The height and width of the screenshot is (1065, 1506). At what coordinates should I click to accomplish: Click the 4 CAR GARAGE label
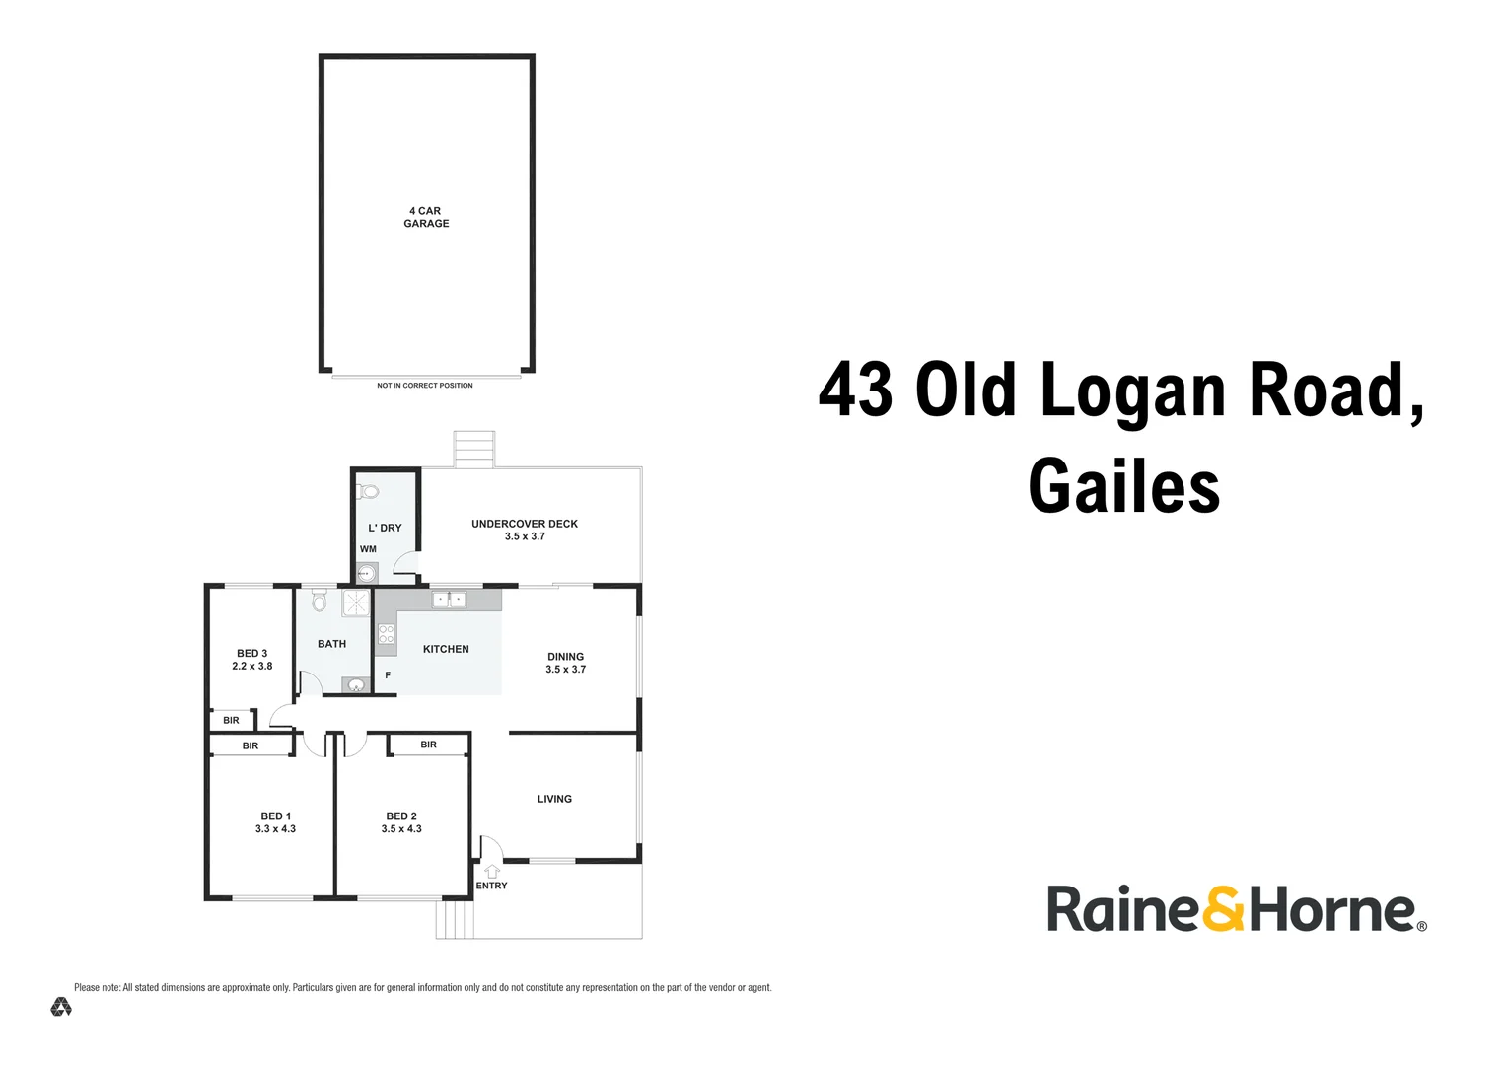pyautogui.click(x=426, y=217)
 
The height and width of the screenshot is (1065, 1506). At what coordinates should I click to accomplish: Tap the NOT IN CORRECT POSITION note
pyautogui.click(x=424, y=386)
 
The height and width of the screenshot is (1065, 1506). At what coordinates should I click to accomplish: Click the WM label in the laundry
pyautogui.click(x=368, y=549)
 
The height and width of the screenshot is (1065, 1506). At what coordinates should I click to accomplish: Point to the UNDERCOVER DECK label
pyautogui.click(x=524, y=524)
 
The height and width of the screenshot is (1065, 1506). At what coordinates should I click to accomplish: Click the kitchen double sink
pyautogui.click(x=449, y=599)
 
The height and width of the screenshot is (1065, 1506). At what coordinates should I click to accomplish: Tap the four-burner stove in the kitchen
pyautogui.click(x=386, y=634)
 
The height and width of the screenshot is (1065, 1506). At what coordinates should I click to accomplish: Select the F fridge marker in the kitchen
pyautogui.click(x=388, y=675)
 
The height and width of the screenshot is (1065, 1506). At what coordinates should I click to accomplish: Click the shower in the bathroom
pyautogui.click(x=355, y=603)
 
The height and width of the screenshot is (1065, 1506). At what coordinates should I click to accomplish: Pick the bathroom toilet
pyautogui.click(x=319, y=600)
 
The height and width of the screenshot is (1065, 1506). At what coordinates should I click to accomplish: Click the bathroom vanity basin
pyautogui.click(x=356, y=685)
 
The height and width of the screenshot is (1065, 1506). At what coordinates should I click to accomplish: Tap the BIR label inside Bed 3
pyautogui.click(x=231, y=721)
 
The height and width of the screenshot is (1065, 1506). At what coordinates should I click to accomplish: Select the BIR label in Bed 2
pyautogui.click(x=428, y=745)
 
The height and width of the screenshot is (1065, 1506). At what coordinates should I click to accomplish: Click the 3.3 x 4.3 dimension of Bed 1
pyautogui.click(x=275, y=829)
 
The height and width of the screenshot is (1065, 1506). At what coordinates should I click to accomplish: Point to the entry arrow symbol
pyautogui.click(x=491, y=871)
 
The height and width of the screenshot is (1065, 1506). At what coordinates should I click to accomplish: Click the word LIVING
pyautogui.click(x=554, y=799)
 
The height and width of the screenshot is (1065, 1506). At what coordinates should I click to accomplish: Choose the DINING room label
pyautogui.click(x=565, y=657)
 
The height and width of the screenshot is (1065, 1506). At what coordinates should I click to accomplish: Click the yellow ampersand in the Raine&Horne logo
pyautogui.click(x=1224, y=909)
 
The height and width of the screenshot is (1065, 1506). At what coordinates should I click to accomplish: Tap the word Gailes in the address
pyautogui.click(x=1123, y=486)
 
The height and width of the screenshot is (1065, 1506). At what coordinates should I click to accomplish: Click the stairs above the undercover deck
pyautogui.click(x=473, y=449)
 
